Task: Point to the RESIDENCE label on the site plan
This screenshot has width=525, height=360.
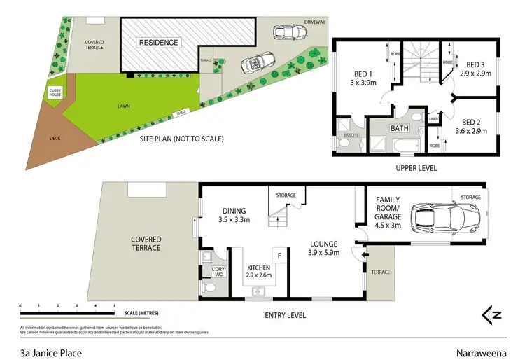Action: coord(159,43)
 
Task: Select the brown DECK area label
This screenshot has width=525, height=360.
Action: coord(55,138)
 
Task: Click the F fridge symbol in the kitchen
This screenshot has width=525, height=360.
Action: coord(280,256)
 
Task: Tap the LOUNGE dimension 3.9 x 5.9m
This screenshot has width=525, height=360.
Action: coord(327,254)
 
